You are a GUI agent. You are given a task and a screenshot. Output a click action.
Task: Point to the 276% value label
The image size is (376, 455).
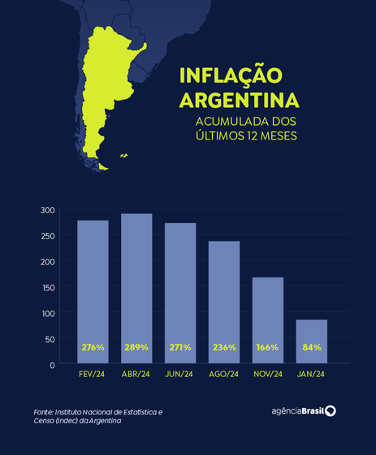point(93,347)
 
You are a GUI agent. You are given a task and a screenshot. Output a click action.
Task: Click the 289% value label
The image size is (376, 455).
point(136,347)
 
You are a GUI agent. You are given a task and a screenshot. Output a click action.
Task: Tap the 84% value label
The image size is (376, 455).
point(311,347)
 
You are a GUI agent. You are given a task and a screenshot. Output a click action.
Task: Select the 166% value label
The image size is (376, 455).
point(267,347)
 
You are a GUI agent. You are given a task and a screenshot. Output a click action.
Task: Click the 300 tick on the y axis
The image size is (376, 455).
point(47,210)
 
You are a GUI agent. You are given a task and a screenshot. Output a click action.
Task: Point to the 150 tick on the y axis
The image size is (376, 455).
point(47,287)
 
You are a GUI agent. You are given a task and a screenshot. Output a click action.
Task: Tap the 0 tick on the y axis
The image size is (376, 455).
point(51,364)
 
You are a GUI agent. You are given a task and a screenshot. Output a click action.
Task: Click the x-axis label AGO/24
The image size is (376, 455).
point(224,375)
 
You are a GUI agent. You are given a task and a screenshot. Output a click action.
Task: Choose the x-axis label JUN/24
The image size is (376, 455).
point(180,375)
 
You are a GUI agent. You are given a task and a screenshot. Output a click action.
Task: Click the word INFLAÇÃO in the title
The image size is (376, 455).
point(230,76)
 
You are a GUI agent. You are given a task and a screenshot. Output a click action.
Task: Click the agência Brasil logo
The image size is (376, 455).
point(304,411)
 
